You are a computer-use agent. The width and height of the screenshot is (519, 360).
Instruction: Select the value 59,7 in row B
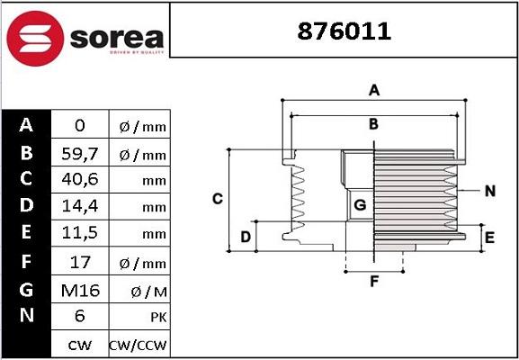pos(79,154)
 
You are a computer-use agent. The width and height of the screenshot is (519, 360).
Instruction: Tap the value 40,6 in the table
pos(79,180)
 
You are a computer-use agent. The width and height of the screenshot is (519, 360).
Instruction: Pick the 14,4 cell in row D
pos(79,207)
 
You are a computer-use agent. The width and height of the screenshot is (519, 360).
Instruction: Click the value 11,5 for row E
pos(79,234)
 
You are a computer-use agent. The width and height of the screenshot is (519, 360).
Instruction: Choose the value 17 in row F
pos(79,263)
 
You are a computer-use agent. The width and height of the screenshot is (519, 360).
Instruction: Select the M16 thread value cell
pos(79,290)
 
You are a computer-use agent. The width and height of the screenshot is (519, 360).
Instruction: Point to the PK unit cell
pos(138,317)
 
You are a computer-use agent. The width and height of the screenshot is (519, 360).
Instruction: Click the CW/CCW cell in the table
pos(138,344)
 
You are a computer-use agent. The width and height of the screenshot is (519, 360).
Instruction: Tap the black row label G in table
pos(26,290)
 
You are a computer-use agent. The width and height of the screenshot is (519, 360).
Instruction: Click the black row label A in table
pos(26,125)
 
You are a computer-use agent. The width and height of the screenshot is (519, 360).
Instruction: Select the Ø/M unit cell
pos(138,290)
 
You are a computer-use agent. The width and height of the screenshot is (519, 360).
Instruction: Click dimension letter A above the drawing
pos(374,89)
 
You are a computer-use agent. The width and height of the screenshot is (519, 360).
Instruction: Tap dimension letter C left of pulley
pos(217,198)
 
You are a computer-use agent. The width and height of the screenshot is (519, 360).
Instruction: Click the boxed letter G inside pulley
pos(360,205)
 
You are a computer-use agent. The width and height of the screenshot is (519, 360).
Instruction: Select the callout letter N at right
pos(489,191)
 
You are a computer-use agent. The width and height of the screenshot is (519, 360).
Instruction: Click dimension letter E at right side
pos(489,238)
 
